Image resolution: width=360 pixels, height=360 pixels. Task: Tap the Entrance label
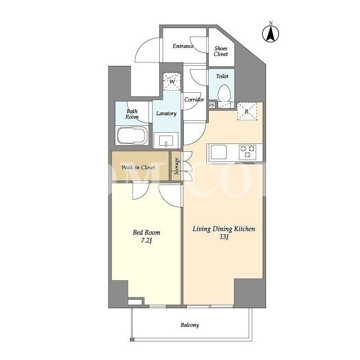tap(183, 46)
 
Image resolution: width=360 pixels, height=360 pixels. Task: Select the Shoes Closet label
tap(221, 51)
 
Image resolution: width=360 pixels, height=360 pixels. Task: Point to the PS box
tap(211, 105)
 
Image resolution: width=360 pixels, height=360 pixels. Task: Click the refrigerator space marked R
tap(246, 111)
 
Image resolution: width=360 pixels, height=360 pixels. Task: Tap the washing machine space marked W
tap(172, 81)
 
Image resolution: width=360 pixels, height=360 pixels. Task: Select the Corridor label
tap(194, 100)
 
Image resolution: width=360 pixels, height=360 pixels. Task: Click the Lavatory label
tap(166, 114)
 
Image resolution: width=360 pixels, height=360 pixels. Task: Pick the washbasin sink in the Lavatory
tap(166, 140)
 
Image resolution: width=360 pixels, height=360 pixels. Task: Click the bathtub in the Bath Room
tap(132, 136)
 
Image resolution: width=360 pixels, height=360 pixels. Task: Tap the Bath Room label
tap(132, 114)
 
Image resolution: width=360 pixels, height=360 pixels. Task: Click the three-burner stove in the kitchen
tap(247, 151)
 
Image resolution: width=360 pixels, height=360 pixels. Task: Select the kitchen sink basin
tap(219, 152)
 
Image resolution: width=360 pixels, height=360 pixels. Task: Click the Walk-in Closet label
tap(138, 168)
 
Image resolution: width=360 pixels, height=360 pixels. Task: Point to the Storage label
tap(177, 166)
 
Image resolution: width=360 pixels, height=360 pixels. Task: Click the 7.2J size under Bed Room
tap(146, 241)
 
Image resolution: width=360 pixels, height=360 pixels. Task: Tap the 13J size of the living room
tap(224, 237)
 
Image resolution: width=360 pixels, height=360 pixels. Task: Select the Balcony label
tap(190, 325)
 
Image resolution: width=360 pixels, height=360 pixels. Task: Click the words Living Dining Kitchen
tap(224, 229)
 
